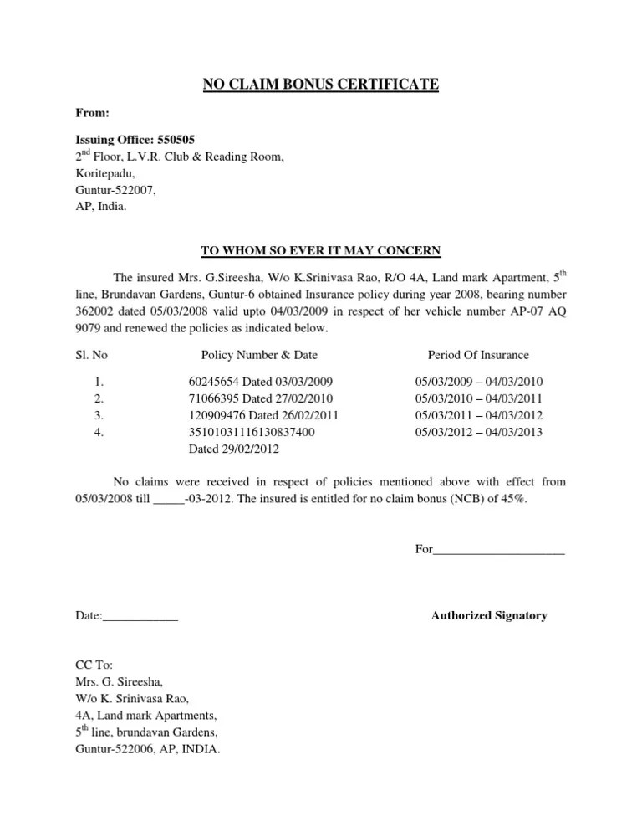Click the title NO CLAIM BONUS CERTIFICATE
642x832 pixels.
pyautogui.click(x=322, y=83)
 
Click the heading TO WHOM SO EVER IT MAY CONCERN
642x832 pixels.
pyautogui.click(x=322, y=250)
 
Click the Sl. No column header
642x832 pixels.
pyautogui.click(x=91, y=355)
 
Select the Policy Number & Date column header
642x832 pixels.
pyautogui.click(x=259, y=355)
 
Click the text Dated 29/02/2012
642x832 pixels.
pyautogui.click(x=234, y=449)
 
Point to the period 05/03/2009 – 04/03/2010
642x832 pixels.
pyautogui.click(x=479, y=382)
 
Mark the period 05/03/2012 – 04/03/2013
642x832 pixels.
pyautogui.click(x=479, y=432)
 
